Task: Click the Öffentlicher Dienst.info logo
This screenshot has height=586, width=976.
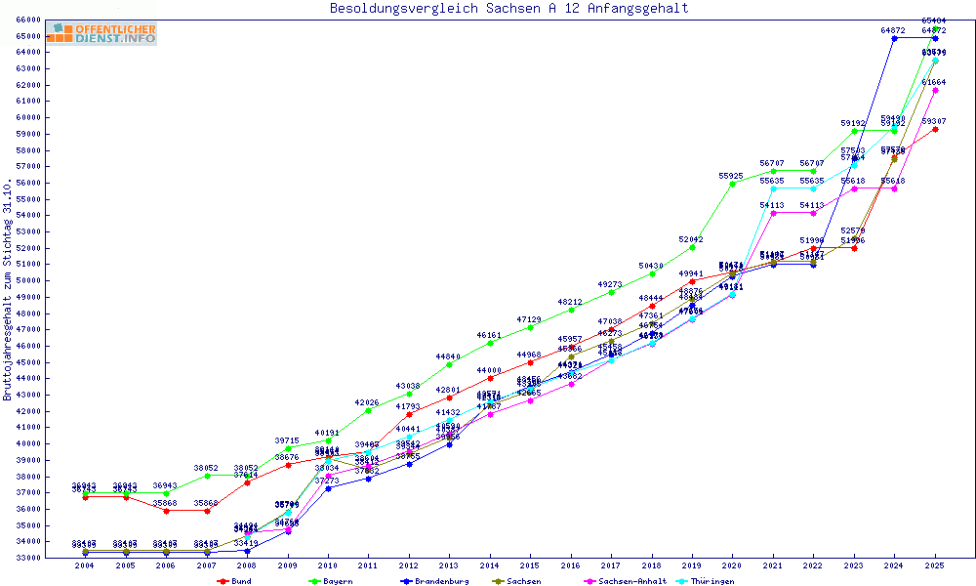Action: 102,34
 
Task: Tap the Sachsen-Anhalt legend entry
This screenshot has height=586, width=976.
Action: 625,581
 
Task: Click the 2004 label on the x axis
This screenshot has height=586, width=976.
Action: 85,565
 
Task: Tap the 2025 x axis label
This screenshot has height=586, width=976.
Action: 935,565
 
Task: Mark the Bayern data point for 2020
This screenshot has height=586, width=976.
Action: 732,184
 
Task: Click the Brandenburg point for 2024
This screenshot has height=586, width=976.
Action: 894,38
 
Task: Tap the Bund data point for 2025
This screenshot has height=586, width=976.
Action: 935,129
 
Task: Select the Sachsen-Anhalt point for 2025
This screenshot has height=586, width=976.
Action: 935,90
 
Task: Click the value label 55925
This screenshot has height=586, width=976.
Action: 731,176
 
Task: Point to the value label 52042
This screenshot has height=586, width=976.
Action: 691,239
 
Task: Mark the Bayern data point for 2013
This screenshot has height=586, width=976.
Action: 449,364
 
